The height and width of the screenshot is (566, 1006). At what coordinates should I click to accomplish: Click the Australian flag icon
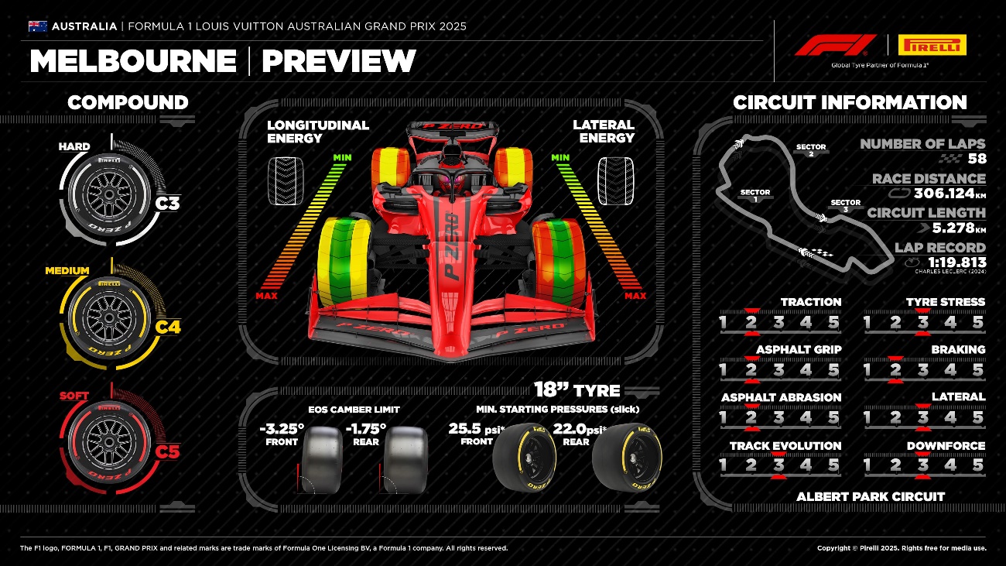38,26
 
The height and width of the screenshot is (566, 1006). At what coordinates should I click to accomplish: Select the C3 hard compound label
167,204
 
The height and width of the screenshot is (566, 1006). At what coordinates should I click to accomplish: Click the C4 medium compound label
168,327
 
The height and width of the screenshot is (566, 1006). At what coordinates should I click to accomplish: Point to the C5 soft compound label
167,451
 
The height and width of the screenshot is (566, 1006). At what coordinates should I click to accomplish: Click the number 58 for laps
977,160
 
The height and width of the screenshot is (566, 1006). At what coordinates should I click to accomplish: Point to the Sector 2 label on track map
811,149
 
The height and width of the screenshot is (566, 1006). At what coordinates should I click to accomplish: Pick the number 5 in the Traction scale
833,322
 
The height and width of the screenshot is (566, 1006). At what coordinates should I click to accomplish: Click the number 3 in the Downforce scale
922,465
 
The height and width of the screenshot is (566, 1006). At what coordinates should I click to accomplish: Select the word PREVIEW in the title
339,61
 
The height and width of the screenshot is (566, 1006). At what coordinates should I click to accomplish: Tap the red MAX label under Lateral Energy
635,296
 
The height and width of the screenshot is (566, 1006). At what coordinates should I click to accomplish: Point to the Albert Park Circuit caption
871,496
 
